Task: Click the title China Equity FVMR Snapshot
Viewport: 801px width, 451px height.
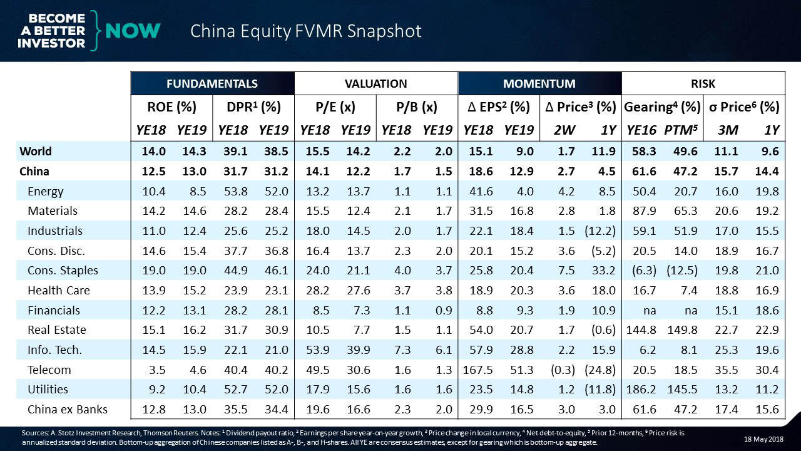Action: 305,31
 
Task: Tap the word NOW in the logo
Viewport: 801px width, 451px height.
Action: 133,31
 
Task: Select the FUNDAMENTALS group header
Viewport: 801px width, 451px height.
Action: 212,83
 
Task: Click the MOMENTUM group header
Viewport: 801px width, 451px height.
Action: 540,83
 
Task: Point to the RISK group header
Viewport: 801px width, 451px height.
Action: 703,83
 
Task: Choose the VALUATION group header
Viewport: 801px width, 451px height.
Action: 376,83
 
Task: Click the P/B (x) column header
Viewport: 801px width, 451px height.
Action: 417,107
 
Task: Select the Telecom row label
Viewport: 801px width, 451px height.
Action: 49,370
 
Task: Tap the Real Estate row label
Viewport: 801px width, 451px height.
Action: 57,329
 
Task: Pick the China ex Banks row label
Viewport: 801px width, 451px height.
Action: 68,410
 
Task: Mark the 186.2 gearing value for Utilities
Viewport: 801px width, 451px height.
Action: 641,390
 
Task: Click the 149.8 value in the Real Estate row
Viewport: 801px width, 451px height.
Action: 682,329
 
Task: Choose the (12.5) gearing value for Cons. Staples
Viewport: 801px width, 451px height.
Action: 682,270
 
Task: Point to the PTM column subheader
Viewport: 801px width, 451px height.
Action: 683,130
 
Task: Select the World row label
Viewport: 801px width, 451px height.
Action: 36,151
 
